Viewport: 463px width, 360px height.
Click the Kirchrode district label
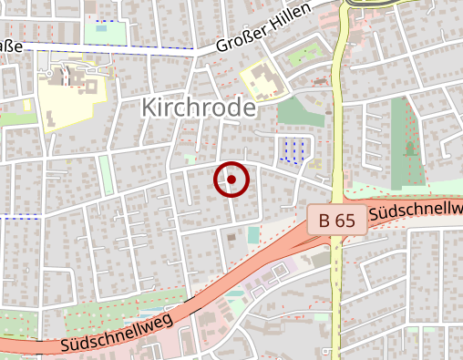click(198, 108)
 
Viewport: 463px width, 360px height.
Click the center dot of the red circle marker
click(231, 180)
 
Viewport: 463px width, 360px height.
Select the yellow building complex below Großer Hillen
click(261, 79)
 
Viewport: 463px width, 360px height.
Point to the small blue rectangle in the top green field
click(100, 27)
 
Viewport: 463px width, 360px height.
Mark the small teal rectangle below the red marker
click(252, 235)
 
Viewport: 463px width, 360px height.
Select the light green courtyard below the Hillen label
click(300, 55)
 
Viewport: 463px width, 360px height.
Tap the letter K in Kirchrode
click(149, 108)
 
